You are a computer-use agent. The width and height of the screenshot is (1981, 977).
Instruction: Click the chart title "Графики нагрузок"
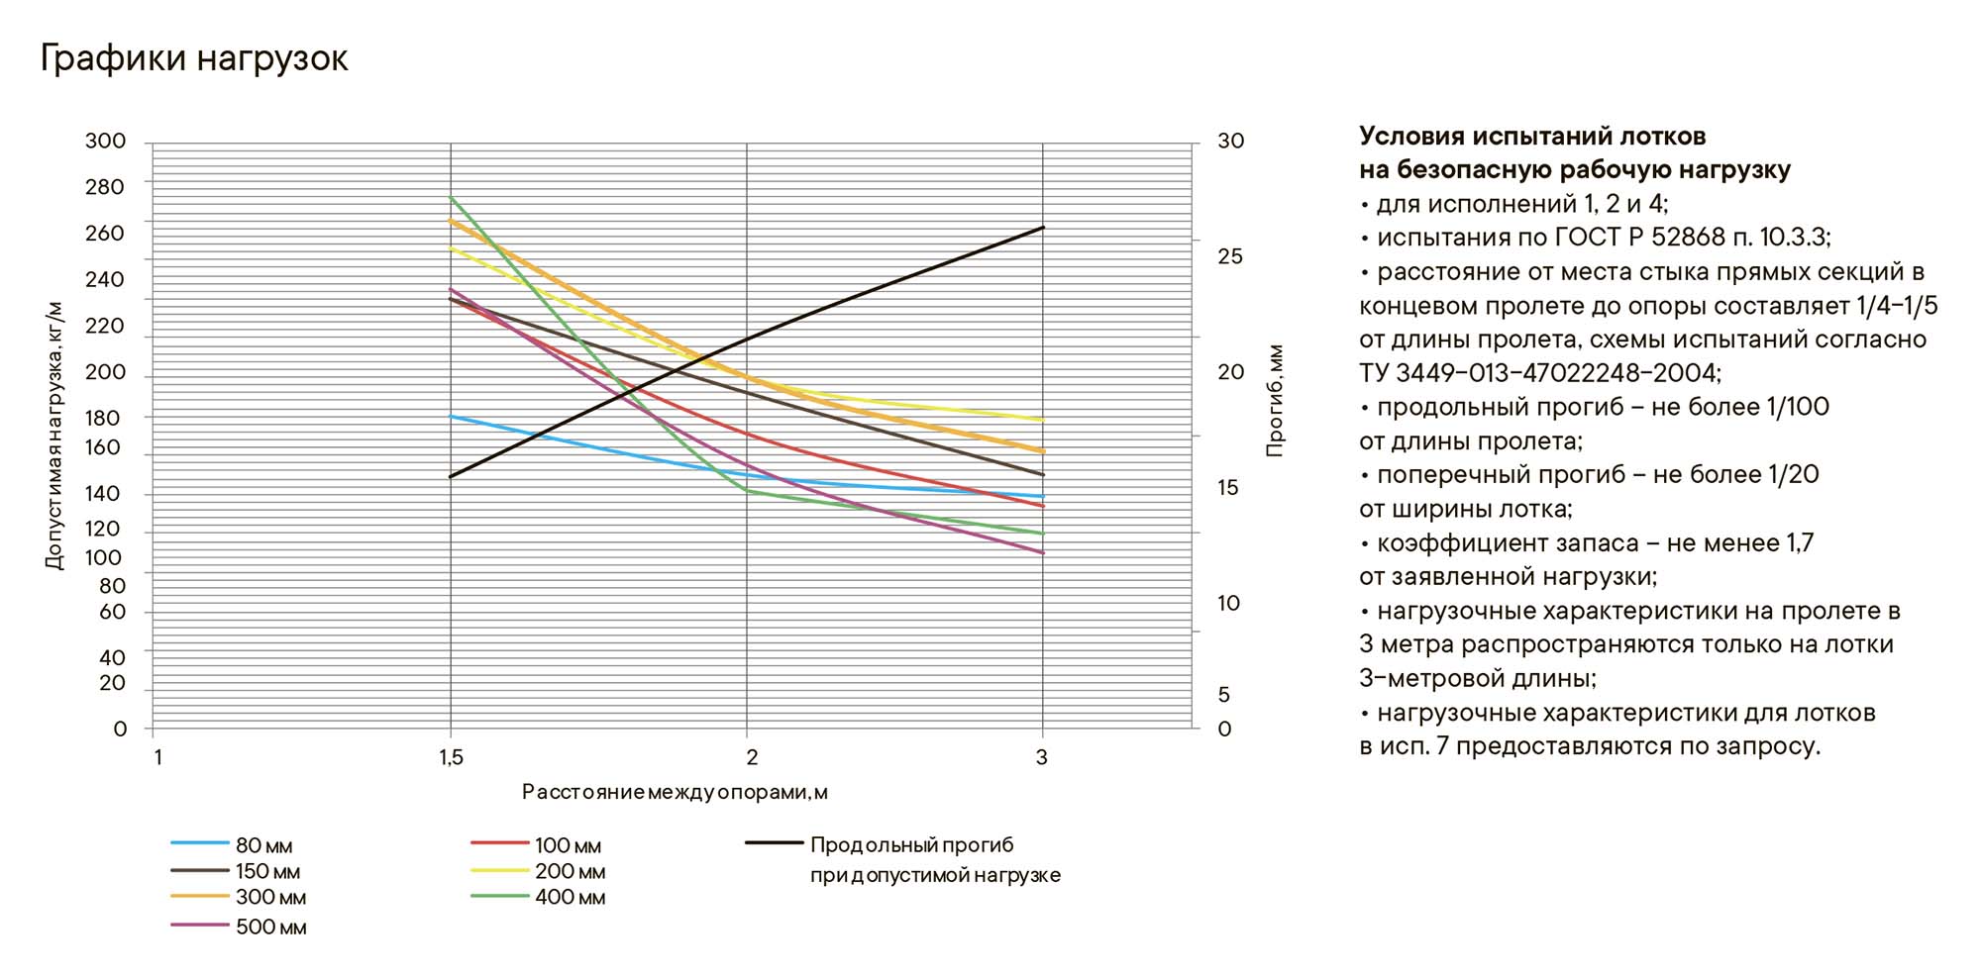194,58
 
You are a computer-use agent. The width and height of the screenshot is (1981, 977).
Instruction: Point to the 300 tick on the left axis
106,142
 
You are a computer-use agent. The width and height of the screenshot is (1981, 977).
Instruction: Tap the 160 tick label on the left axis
104,447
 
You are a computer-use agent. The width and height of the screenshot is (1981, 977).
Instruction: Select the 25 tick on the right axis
1229,256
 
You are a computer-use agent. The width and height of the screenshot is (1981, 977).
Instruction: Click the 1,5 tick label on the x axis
451,758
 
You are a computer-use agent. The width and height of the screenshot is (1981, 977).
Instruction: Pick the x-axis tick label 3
1041,758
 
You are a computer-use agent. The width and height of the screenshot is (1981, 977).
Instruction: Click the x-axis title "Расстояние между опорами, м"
675,792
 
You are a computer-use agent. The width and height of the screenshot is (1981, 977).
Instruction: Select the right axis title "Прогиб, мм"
1275,400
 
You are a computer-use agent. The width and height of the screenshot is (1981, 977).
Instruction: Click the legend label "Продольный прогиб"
911,845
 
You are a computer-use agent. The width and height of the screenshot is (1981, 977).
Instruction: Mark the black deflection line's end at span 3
1043,228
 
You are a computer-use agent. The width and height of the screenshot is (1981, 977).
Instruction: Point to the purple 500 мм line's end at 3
1043,552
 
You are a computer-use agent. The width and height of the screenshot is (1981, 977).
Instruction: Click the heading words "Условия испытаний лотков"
1531,136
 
